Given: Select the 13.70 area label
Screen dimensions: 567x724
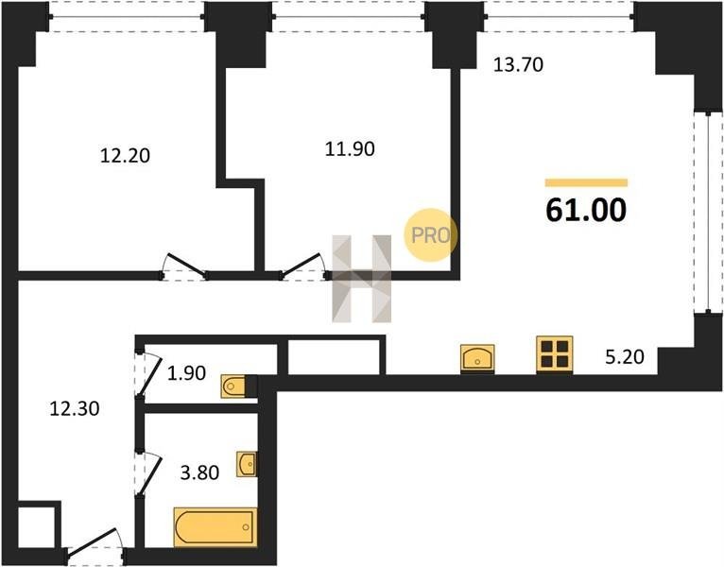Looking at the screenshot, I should pyautogui.click(x=520, y=65).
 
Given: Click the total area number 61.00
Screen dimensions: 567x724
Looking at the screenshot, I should pyautogui.click(x=586, y=211).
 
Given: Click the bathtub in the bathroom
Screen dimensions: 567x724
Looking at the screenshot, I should pyautogui.click(x=215, y=526).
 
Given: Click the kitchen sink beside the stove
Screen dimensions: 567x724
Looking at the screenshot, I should pyautogui.click(x=480, y=358).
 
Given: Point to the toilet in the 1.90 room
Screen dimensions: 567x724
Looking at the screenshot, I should pyautogui.click(x=238, y=387).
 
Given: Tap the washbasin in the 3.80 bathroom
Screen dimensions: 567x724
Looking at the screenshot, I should pyautogui.click(x=248, y=464).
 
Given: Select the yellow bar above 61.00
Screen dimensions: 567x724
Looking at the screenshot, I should pyautogui.click(x=586, y=182).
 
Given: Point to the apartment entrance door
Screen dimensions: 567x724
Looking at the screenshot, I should pyautogui.click(x=95, y=547).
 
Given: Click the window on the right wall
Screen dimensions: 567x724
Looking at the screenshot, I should pyautogui.click(x=701, y=212).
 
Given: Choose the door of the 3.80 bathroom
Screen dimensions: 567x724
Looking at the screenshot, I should pyautogui.click(x=145, y=470).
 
